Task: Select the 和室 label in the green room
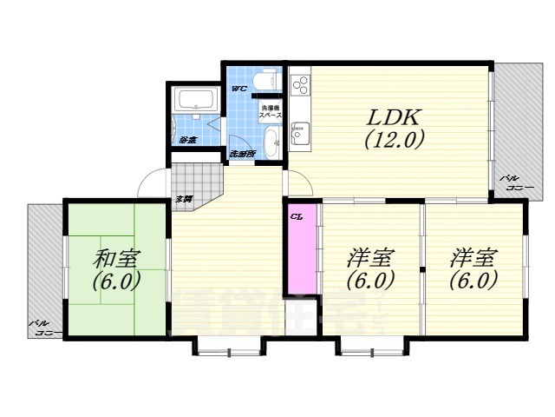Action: tap(118, 259)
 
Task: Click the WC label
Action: tap(239, 89)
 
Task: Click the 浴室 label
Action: tap(187, 139)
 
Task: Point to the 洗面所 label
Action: tap(242, 154)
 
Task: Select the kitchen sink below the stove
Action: tap(300, 133)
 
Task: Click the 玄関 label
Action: tap(185, 199)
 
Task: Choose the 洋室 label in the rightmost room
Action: tap(473, 258)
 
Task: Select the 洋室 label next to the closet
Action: tap(370, 258)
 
